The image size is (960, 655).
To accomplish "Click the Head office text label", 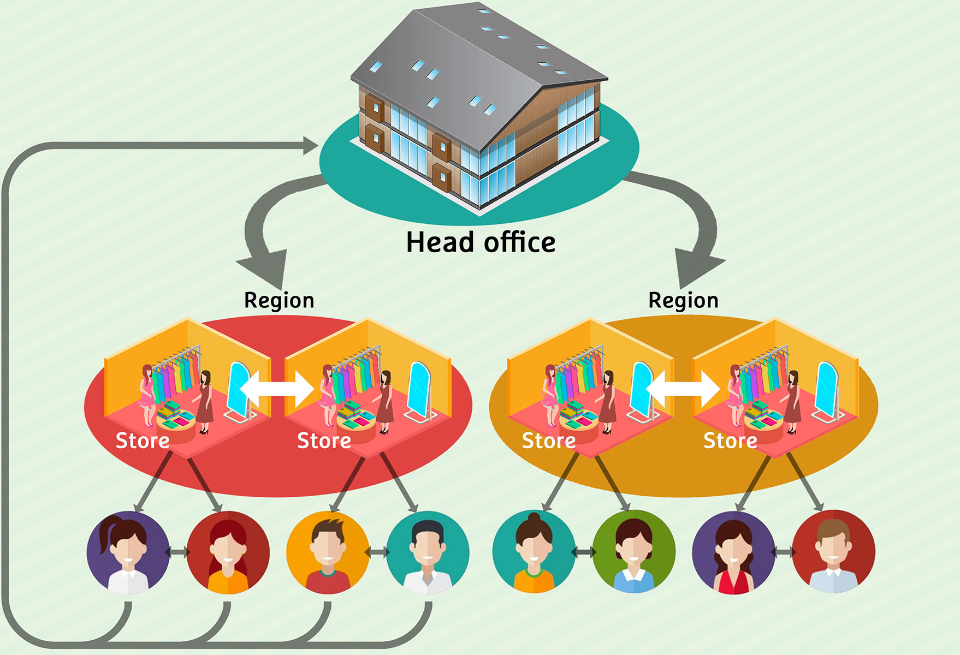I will point(481,242).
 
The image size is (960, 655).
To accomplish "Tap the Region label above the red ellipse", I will point(279,301).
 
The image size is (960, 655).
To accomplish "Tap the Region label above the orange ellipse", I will point(683,301).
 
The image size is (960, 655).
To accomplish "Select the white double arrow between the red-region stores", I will point(277,389).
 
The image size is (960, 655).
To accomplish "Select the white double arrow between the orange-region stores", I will point(683,389).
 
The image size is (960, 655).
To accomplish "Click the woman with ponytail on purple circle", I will point(128,552).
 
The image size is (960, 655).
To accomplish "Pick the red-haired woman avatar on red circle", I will point(228,552).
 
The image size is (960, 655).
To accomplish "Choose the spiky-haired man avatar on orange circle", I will point(328,552).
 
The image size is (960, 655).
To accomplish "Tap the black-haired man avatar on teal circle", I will point(428,552).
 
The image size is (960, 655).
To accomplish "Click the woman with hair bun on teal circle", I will point(534,552).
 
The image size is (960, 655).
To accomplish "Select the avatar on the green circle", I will point(634,552).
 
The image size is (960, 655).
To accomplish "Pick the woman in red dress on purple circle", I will point(733,552).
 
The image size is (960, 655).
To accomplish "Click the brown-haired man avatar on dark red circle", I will point(833,552).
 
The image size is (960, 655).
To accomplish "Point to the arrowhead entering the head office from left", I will point(310,146).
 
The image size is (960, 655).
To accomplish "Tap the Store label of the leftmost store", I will point(143,440).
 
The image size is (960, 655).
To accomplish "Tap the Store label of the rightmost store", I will point(730,440).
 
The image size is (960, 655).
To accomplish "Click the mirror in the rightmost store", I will point(827,390).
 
